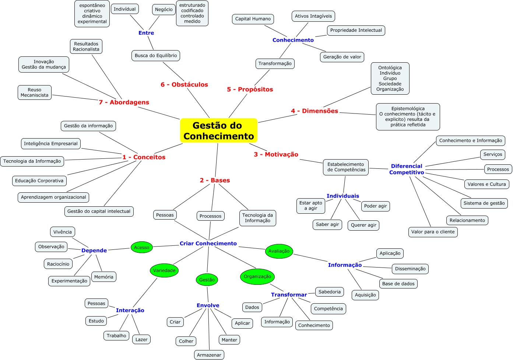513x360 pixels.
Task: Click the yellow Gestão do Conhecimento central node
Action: [x=218, y=130]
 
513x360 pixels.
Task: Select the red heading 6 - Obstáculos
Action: [x=184, y=85]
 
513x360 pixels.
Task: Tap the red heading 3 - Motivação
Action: [x=276, y=154]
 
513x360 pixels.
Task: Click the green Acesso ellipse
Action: [x=141, y=247]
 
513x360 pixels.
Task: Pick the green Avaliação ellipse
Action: [x=279, y=251]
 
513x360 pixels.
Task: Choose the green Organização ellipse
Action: [x=257, y=276]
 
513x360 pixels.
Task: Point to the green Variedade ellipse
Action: [x=164, y=270]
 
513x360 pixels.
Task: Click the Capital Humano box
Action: [x=253, y=19]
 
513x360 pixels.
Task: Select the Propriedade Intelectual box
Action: [x=356, y=30]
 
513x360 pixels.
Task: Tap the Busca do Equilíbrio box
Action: [x=155, y=56]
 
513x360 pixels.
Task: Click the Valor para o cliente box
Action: [x=433, y=232]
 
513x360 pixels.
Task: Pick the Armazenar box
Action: [x=209, y=355]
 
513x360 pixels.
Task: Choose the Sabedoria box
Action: [x=329, y=292]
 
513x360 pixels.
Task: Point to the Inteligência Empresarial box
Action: [x=50, y=144]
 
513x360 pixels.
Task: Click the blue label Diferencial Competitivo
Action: [x=407, y=169]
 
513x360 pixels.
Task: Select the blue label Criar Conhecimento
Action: [x=208, y=244]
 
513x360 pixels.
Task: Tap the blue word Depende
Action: [x=94, y=251]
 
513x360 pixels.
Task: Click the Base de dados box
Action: [x=398, y=284]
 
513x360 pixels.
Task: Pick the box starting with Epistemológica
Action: [x=408, y=117]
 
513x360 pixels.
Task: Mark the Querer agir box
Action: [x=363, y=225]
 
